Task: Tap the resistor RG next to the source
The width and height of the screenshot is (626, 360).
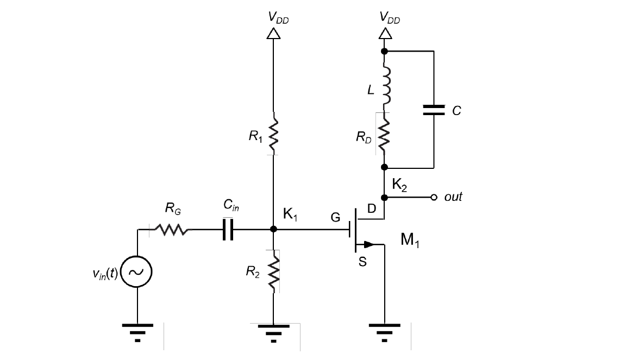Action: (172, 230)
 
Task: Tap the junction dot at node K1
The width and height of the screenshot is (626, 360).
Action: (273, 230)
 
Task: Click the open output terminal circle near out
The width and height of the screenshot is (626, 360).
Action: (434, 197)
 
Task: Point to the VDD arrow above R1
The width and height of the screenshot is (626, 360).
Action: (273, 34)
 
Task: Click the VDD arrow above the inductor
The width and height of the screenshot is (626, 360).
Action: (385, 34)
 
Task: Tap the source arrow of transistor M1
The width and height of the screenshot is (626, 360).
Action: (368, 244)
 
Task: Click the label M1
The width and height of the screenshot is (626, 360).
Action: (410, 241)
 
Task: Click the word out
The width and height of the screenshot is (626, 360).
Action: (453, 197)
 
